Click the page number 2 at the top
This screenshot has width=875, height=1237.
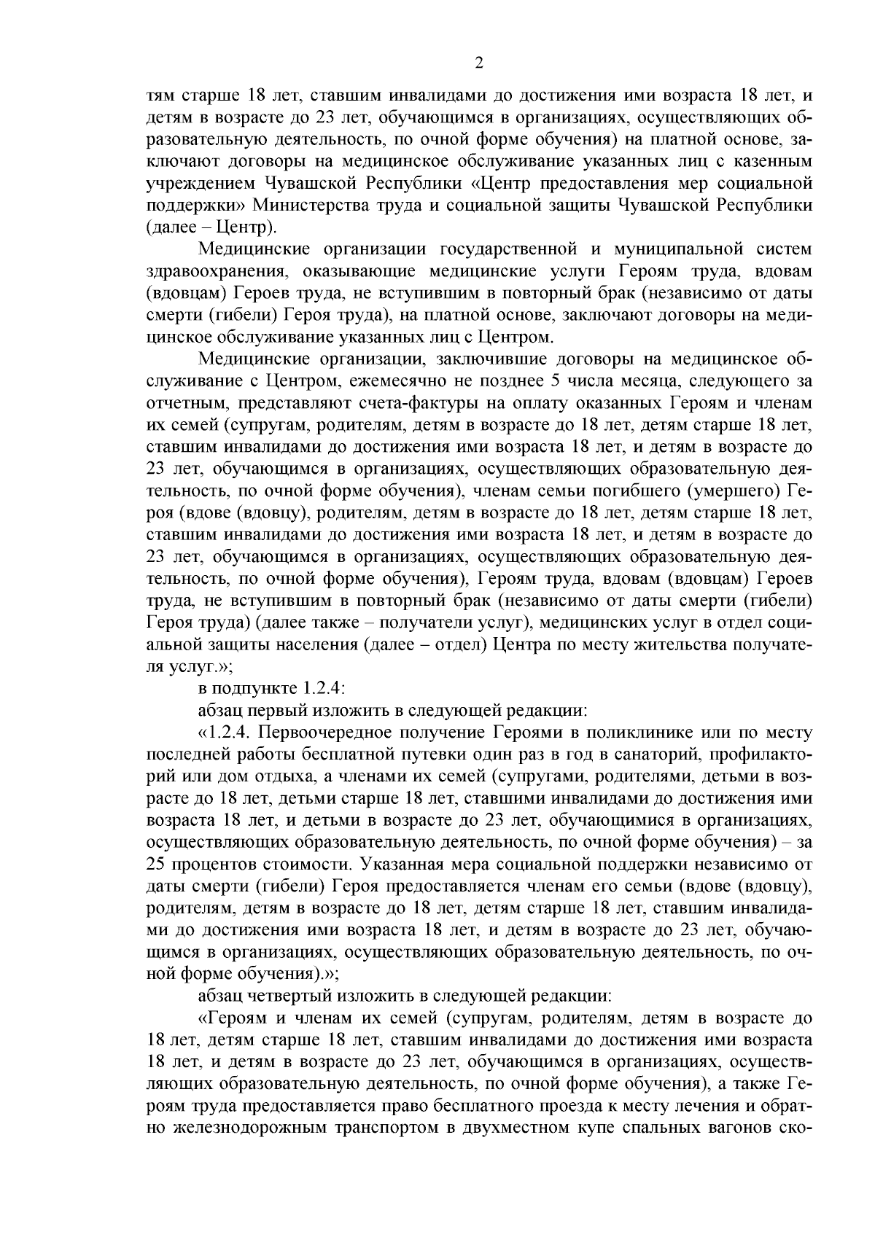pyautogui.click(x=479, y=63)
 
